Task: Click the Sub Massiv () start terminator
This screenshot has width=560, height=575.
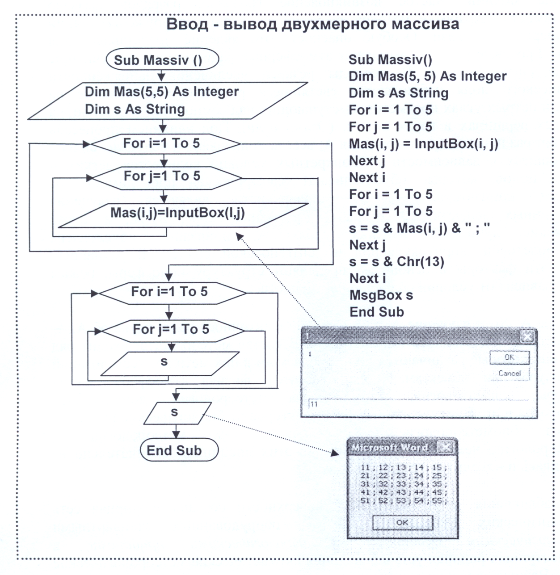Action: pos(162,59)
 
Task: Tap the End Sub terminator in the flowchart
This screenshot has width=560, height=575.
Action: pos(179,450)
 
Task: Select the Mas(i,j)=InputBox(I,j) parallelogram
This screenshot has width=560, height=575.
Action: pos(183,215)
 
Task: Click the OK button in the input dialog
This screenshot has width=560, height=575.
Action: pos(509,357)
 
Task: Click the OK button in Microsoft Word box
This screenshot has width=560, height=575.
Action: pos(403,523)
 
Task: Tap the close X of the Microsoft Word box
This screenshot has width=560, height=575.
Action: pos(445,447)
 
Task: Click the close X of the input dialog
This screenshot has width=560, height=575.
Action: pos(527,337)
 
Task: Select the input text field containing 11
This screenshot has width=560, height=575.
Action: pos(418,404)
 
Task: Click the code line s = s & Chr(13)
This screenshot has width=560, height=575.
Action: pos(396,262)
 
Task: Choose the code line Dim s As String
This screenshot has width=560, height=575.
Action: pos(399,93)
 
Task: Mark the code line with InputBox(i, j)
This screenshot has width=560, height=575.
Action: pos(424,144)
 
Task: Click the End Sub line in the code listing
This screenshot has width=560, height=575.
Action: pos(377,312)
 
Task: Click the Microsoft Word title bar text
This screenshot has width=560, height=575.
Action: pos(389,447)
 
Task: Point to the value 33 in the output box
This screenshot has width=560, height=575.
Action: pos(401,484)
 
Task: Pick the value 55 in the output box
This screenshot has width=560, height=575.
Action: pos(437,501)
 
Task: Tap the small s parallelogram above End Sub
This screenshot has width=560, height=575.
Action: pos(177,413)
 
